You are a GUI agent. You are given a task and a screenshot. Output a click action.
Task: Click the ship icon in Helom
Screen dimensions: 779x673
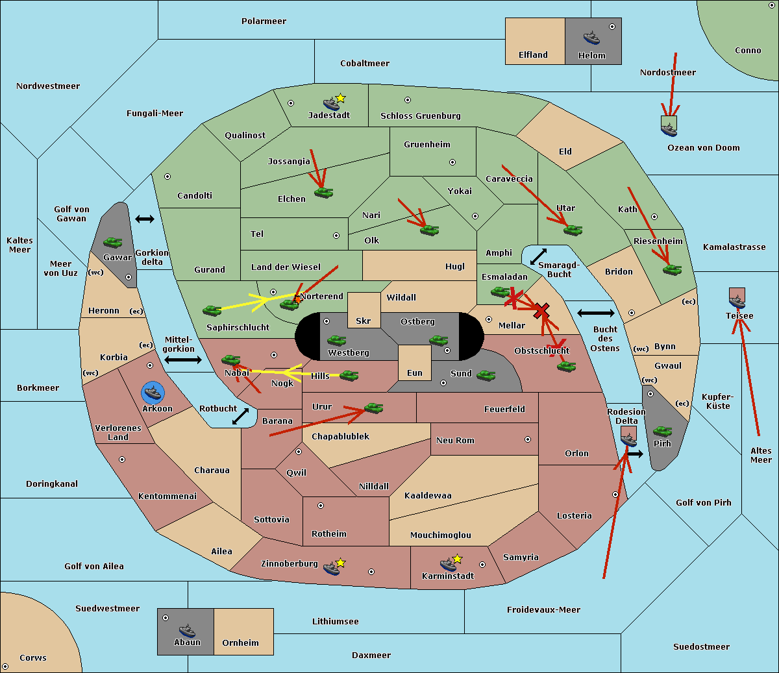pyautogui.click(x=591, y=38)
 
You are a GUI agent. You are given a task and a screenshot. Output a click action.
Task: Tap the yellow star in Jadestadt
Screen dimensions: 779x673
pyautogui.click(x=340, y=99)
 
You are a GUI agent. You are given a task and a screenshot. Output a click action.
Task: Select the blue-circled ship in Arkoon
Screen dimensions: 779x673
pyautogui.click(x=153, y=393)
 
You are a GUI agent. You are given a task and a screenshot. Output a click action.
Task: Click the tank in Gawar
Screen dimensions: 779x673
pyautogui.click(x=113, y=242)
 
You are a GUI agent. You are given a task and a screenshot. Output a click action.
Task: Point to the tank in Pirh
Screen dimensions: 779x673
pyautogui.click(x=662, y=431)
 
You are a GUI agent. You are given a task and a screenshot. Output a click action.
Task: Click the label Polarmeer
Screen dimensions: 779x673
pyautogui.click(x=264, y=21)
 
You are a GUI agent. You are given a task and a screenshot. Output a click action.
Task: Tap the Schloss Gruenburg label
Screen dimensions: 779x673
pyautogui.click(x=420, y=116)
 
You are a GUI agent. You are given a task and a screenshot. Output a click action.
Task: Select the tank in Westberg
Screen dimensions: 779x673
pyautogui.click(x=336, y=341)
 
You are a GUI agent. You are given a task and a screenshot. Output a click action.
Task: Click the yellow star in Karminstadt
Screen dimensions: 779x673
pyautogui.click(x=457, y=559)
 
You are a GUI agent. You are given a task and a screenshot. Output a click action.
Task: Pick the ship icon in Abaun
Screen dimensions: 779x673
pyautogui.click(x=187, y=630)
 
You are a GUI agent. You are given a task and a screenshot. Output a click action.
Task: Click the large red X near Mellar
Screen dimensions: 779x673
pyautogui.click(x=541, y=311)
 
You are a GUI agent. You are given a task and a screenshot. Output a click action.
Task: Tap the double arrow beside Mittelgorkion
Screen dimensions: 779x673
pyautogui.click(x=183, y=360)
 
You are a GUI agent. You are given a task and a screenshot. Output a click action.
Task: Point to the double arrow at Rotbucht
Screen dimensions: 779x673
pyautogui.click(x=240, y=416)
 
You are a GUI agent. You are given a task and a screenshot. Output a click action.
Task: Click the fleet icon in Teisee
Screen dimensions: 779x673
pyautogui.click(x=737, y=299)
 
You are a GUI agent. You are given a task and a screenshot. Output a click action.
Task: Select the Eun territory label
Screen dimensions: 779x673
pyautogui.click(x=415, y=373)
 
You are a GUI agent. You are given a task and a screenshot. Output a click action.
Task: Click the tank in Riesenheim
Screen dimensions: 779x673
pyautogui.click(x=673, y=270)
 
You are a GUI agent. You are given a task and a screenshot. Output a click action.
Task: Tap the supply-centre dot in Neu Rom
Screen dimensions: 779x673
pyautogui.click(x=528, y=439)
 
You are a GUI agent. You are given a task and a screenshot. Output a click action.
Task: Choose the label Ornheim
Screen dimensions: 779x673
pyautogui.click(x=240, y=643)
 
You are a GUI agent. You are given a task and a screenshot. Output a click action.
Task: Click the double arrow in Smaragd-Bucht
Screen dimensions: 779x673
pyautogui.click(x=538, y=256)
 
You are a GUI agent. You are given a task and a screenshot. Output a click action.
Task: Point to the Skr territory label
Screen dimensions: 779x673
pyautogui.click(x=364, y=321)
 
